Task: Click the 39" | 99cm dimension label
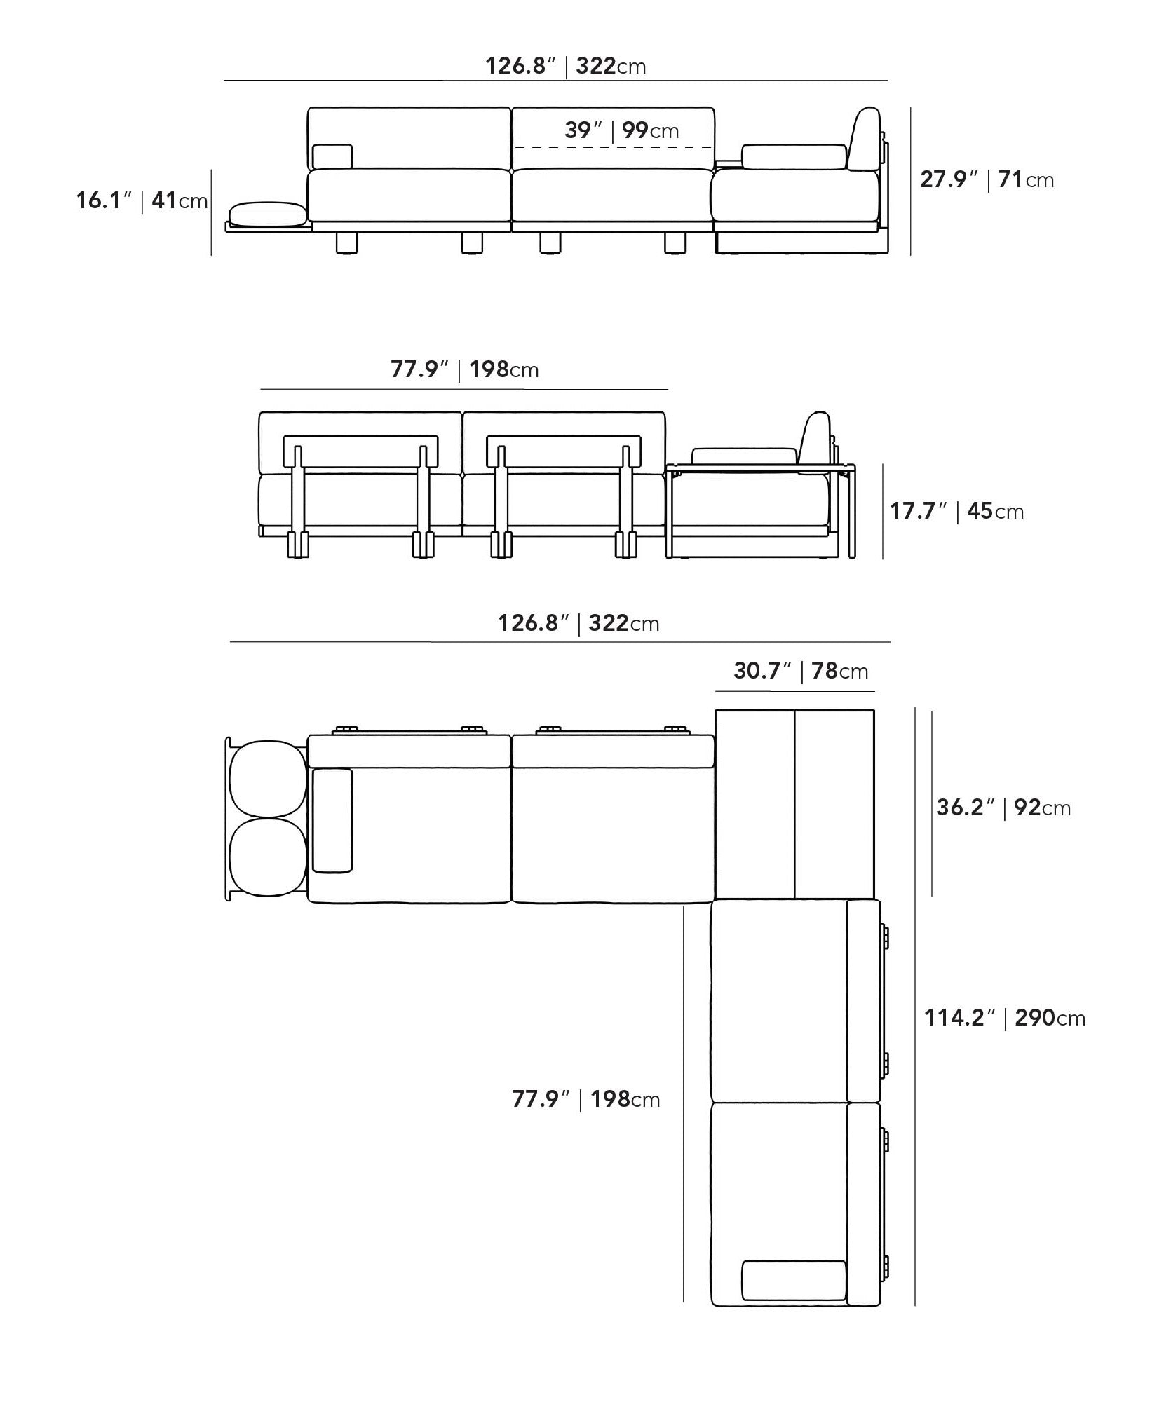point(621,130)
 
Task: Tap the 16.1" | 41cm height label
point(142,201)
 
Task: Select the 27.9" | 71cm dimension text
point(987,179)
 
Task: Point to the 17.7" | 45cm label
point(956,511)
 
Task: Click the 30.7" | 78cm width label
point(801,671)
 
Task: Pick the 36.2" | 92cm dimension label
point(1003,808)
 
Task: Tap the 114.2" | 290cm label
point(1005,1017)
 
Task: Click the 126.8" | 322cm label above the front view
point(566,66)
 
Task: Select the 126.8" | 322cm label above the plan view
point(578,622)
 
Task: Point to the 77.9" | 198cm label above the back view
point(465,369)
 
